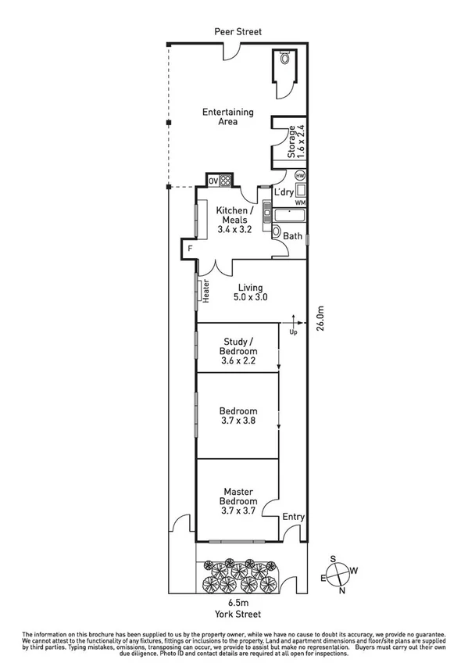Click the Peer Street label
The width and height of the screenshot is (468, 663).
[240, 31]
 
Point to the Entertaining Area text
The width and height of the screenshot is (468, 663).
[220, 116]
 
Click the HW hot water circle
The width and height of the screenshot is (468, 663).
[299, 177]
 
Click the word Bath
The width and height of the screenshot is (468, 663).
[293, 236]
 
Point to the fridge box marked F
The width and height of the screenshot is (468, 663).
[188, 250]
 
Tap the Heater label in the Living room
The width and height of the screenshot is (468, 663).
[206, 292]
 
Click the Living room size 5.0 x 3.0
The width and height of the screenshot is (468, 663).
[251, 297]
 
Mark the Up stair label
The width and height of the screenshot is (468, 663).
[294, 331]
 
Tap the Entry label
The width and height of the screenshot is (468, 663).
[294, 516]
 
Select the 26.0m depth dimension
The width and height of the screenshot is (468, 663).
[320, 319]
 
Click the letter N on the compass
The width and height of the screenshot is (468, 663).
[341, 590]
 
